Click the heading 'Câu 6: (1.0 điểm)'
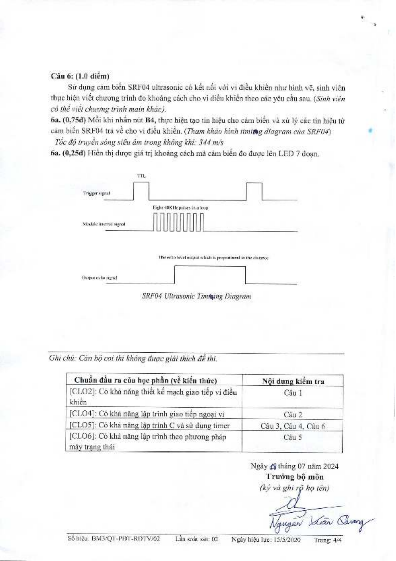click(80, 76)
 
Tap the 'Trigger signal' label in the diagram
click(97, 193)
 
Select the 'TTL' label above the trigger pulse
click(141, 176)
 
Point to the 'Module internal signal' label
click(104, 224)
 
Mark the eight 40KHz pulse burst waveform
click(179, 223)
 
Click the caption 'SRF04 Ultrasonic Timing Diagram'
click(196, 296)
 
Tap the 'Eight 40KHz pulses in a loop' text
click(181, 208)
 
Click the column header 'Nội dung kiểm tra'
click(293, 381)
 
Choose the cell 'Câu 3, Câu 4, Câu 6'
click(293, 426)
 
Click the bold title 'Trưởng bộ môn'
click(295, 477)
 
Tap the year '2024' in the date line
click(331, 466)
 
